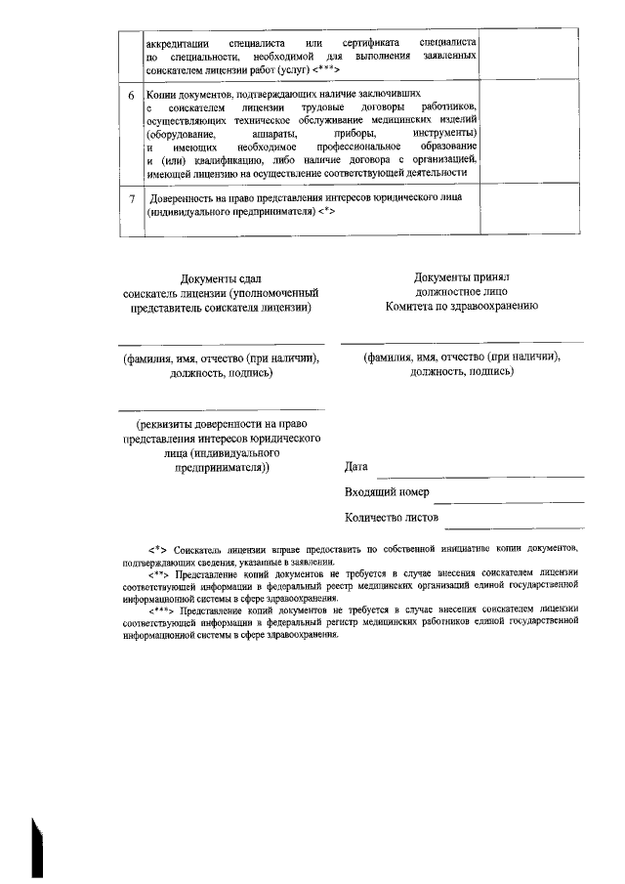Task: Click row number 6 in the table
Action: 133,96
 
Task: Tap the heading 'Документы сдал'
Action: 221,278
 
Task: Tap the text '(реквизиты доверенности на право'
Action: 221,425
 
